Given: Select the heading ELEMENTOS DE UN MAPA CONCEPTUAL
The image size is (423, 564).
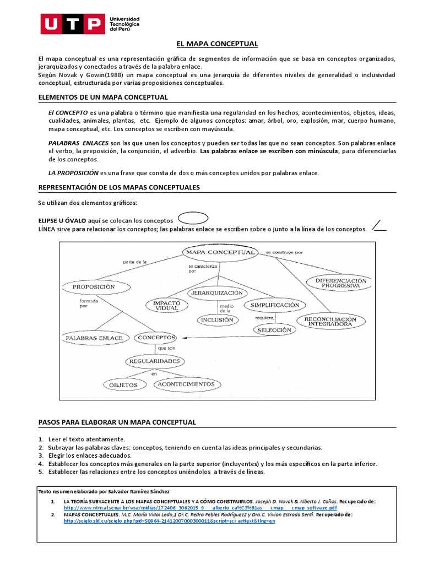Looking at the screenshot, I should [103, 97].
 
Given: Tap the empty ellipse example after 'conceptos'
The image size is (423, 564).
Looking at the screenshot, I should [193, 218].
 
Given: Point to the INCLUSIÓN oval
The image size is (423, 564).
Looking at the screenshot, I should [217, 319].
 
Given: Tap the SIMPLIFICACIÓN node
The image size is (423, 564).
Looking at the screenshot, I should [275, 305].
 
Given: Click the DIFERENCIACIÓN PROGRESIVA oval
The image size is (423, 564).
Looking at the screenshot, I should [341, 283].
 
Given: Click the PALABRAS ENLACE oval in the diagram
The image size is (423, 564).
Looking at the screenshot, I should [94, 337].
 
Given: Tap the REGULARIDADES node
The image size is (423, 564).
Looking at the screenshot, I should [154, 361].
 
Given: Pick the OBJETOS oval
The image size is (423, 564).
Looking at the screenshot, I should [123, 385].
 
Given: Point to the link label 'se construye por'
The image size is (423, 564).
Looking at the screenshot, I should [284, 252].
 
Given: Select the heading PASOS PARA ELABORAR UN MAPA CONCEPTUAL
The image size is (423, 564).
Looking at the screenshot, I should [117, 422].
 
